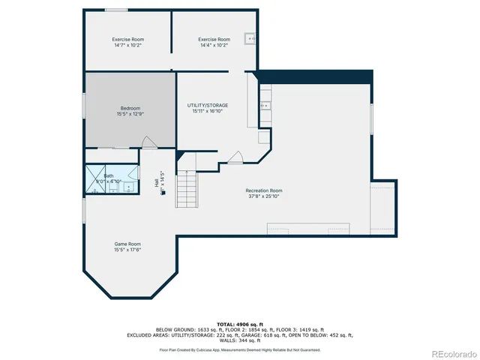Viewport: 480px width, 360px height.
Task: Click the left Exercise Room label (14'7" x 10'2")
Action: (x=127, y=42)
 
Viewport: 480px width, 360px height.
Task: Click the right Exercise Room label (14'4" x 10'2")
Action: (x=213, y=42)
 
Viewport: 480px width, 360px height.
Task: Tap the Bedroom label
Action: (x=130, y=111)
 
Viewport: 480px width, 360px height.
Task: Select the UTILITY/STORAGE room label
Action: (x=208, y=108)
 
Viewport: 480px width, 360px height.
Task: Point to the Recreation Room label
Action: (x=264, y=193)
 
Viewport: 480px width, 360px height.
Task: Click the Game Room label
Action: (x=127, y=247)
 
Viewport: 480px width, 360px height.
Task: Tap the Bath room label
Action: (x=109, y=178)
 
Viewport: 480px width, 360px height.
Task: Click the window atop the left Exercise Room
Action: (x=115, y=10)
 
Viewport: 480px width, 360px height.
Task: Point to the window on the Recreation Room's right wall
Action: (x=372, y=120)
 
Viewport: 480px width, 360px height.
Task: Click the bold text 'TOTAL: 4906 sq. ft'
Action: (x=239, y=323)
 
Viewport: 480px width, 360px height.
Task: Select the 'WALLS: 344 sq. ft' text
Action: (x=239, y=340)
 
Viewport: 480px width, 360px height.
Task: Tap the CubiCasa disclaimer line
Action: (x=239, y=349)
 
